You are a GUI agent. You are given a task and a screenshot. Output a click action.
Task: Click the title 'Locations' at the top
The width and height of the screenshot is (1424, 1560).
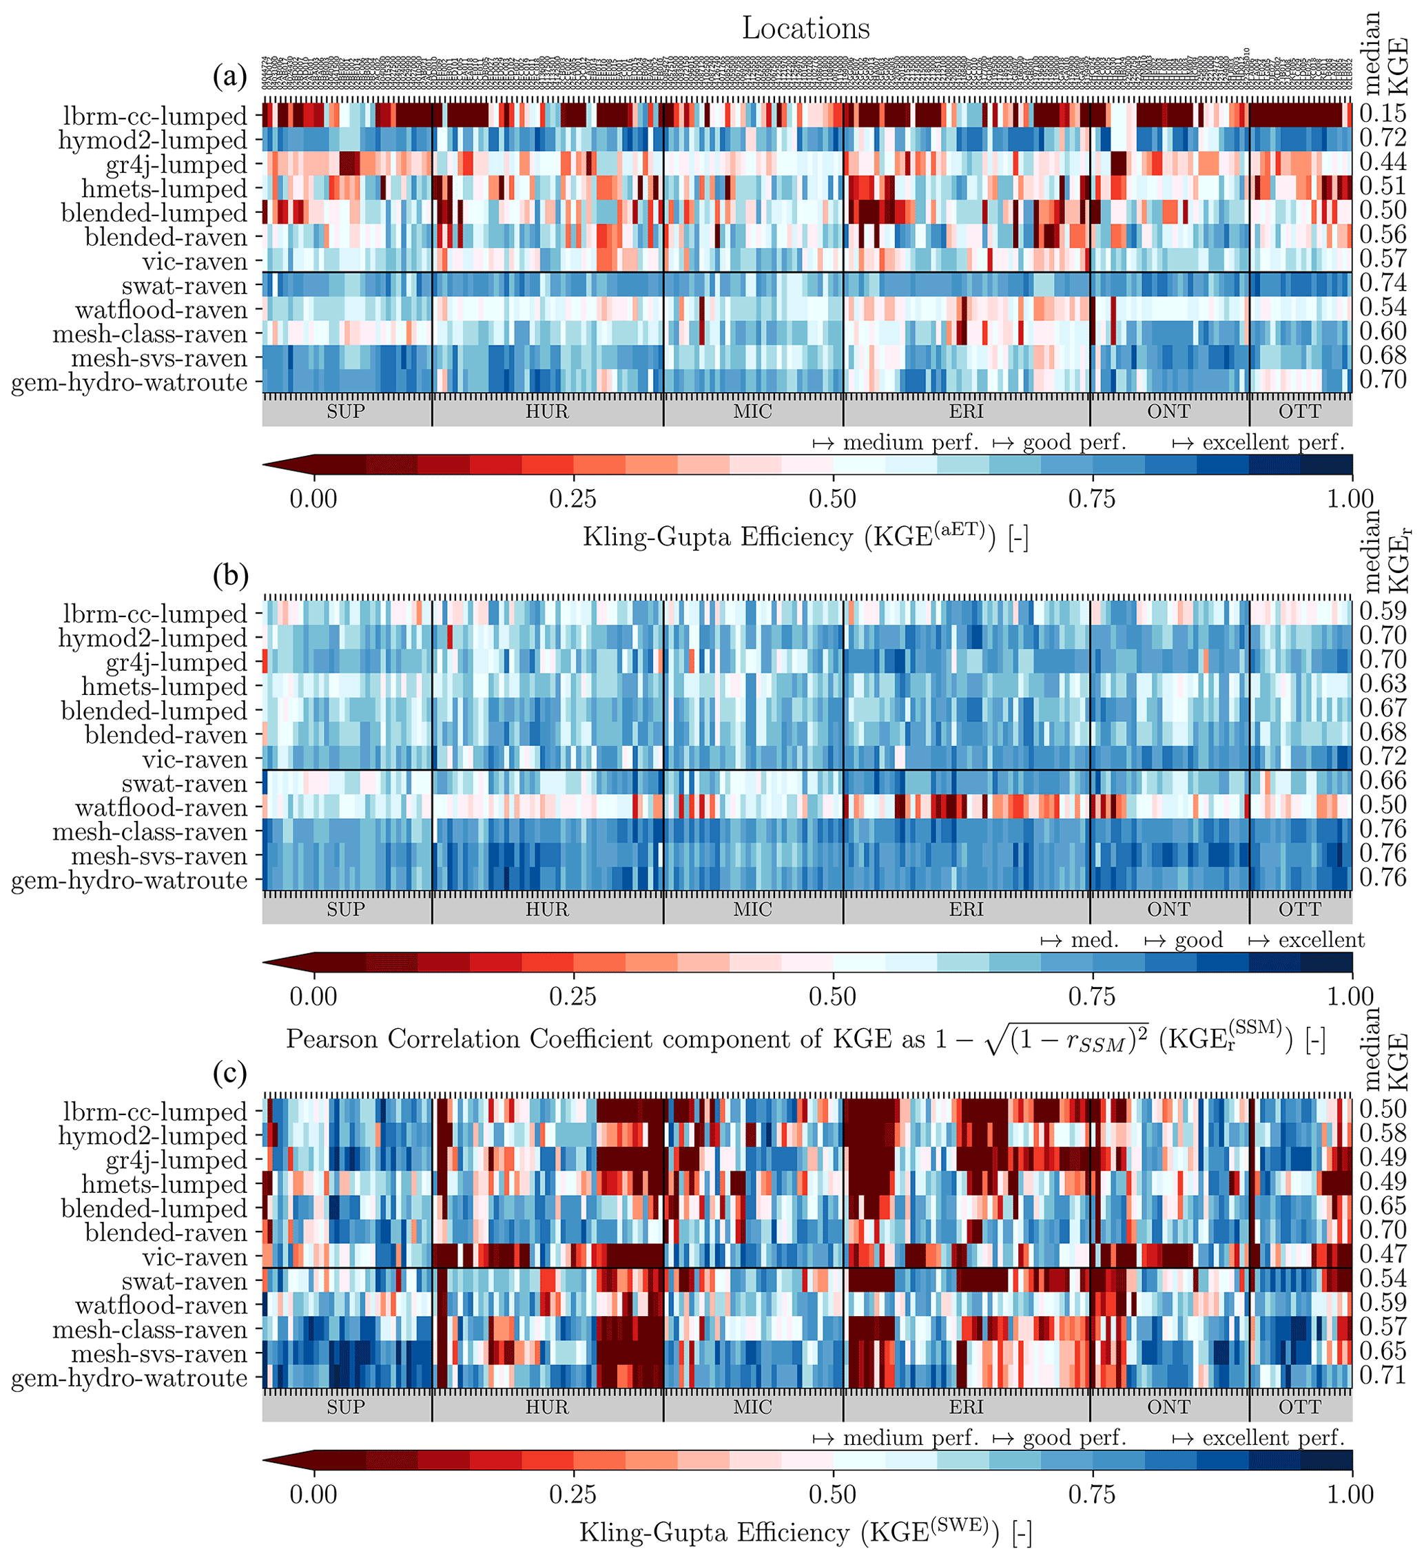(805, 29)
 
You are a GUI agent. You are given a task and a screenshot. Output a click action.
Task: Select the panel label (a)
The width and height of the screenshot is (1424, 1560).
(230, 76)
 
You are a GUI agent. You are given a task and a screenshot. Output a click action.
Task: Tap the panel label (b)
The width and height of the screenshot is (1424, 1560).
(230, 575)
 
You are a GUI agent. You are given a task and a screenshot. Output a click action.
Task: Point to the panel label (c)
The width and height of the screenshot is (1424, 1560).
(230, 1072)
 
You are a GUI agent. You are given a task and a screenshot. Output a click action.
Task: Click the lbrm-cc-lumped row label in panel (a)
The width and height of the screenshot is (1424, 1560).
(155, 116)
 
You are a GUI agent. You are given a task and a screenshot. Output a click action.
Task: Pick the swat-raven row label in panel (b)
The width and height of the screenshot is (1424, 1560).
(184, 784)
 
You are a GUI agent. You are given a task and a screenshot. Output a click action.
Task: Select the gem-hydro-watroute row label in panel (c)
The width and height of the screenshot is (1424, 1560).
(130, 1378)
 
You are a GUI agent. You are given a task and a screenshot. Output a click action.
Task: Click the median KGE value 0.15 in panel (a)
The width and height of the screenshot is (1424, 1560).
(1383, 113)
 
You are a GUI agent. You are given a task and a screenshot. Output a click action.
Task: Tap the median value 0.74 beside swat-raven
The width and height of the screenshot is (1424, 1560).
(1383, 282)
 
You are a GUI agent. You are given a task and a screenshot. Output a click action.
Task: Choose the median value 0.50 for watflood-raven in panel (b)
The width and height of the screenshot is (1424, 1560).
(1383, 804)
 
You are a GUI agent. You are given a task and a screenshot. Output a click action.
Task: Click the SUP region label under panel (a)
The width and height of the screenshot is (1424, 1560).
(345, 412)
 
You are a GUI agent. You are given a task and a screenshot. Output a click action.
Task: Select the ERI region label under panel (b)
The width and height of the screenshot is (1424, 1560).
(966, 909)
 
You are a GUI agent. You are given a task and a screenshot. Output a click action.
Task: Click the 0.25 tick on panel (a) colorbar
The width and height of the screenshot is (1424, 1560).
(572, 499)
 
